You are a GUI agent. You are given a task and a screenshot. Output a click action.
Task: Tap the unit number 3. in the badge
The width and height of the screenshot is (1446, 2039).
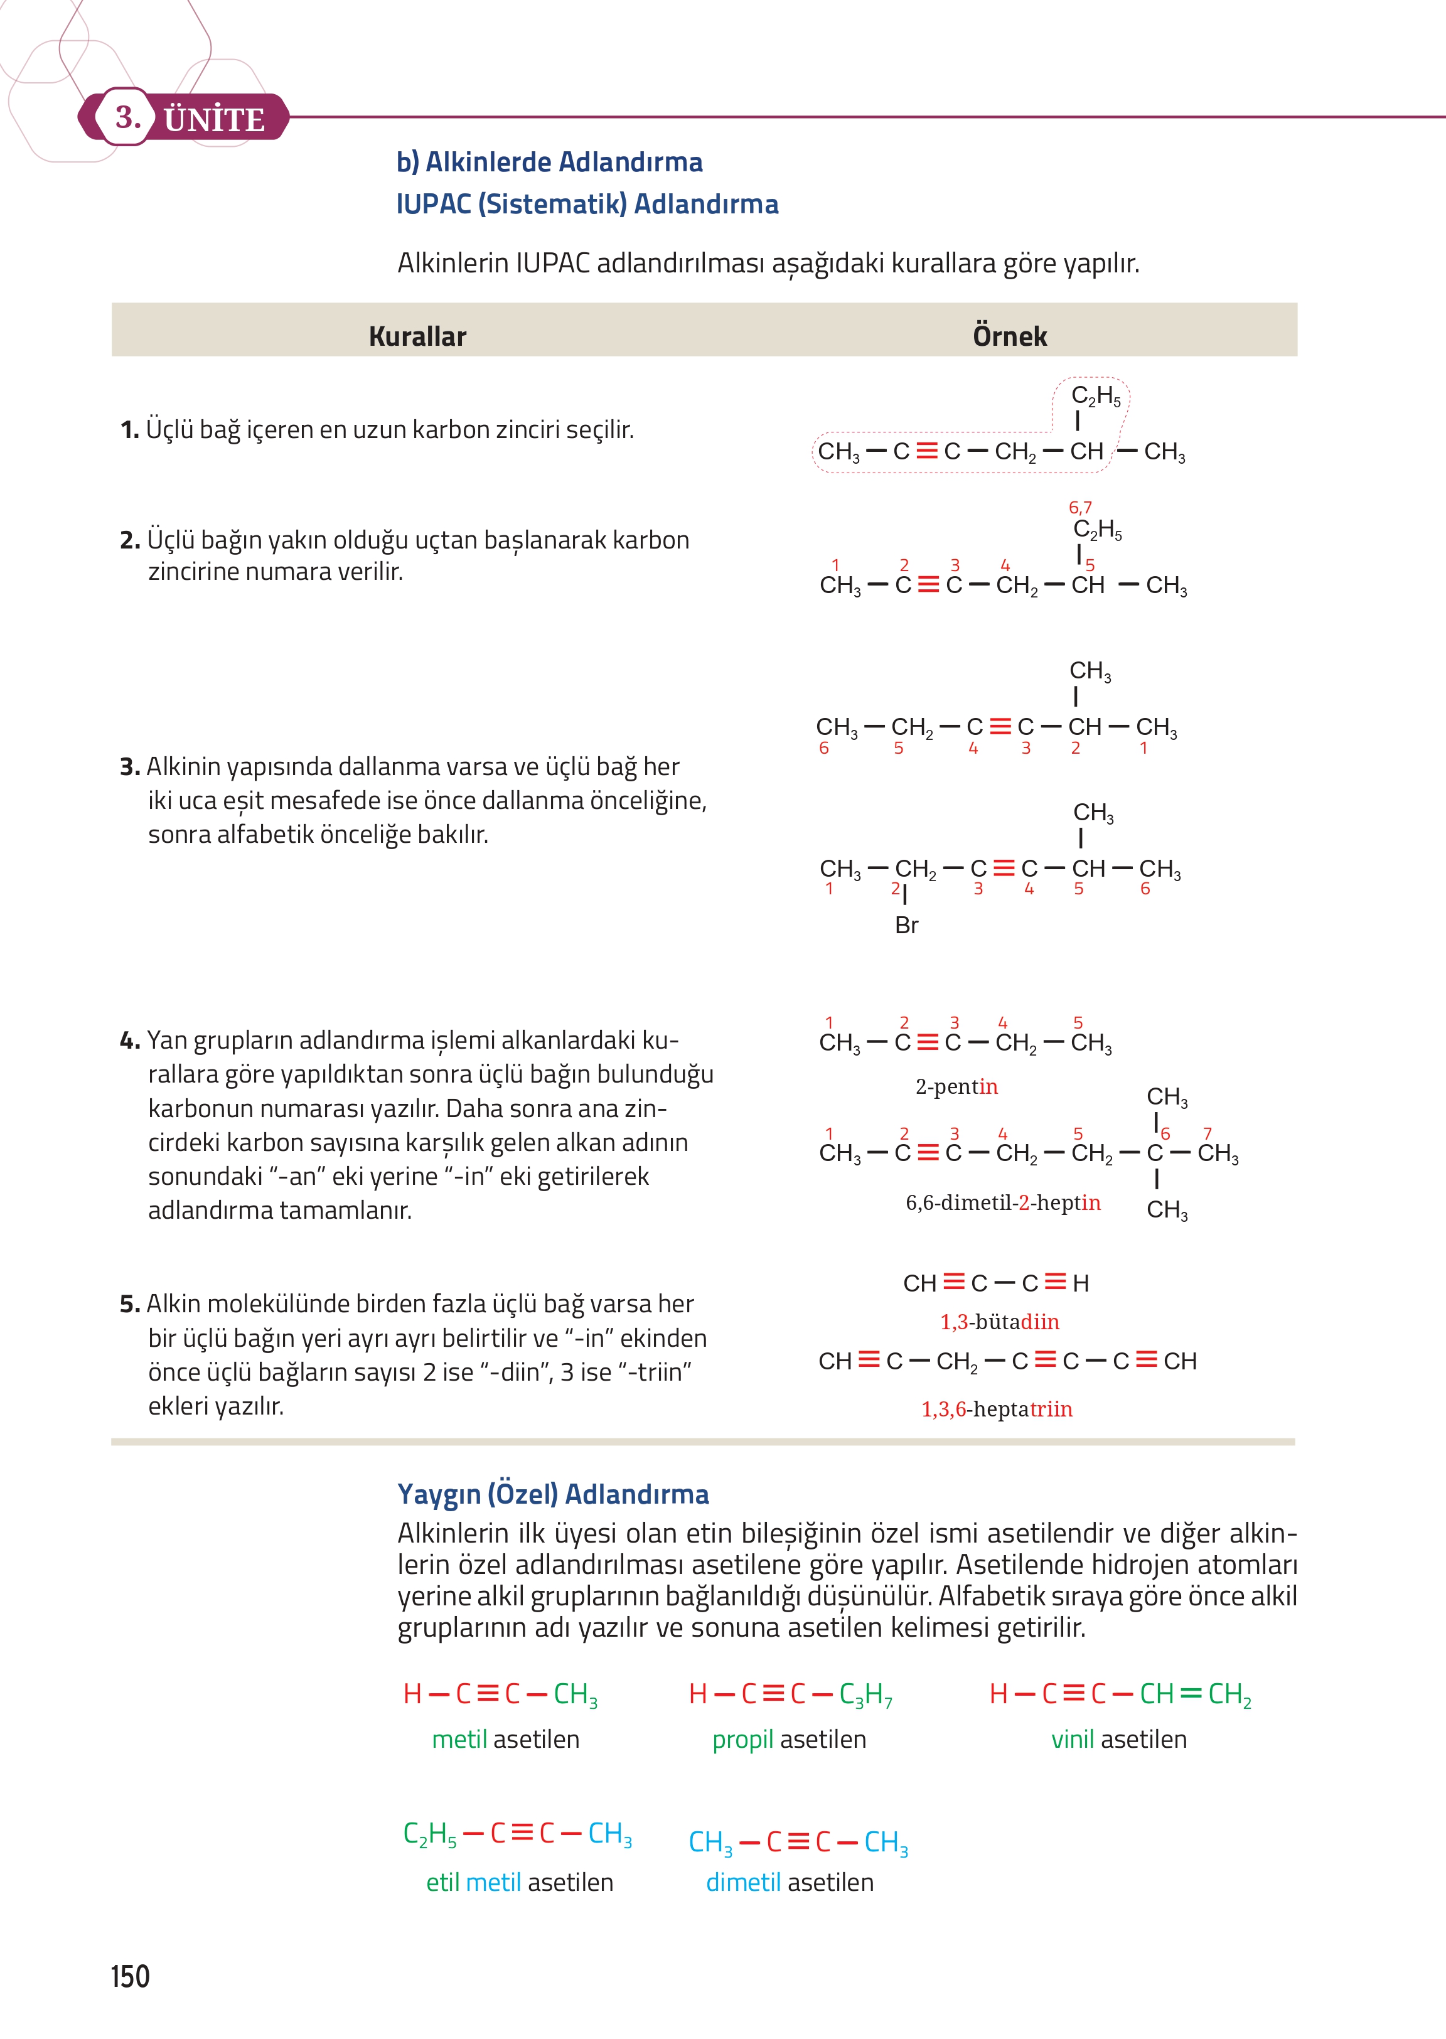[127, 117]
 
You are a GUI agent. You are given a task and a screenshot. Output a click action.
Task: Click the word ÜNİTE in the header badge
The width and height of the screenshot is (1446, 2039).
[215, 119]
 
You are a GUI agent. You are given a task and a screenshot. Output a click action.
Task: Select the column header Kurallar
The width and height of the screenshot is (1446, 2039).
[417, 336]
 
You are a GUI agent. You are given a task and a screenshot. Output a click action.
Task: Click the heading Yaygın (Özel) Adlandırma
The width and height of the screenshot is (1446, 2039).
[553, 1494]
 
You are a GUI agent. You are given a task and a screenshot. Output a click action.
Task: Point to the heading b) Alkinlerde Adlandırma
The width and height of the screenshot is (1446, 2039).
[549, 162]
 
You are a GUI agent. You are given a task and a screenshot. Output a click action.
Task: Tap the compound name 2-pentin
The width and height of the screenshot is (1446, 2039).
[956, 1087]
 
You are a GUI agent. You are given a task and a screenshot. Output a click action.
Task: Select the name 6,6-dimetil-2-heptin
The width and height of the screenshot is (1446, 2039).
[1002, 1203]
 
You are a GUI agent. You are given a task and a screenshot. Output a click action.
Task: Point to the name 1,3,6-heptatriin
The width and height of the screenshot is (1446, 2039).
[997, 1410]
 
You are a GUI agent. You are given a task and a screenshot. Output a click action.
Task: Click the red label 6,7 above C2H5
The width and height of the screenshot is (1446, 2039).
[1080, 508]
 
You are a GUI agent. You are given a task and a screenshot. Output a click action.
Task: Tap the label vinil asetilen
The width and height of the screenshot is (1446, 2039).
[1118, 1740]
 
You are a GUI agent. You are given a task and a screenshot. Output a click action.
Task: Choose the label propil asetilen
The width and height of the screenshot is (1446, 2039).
[789, 1740]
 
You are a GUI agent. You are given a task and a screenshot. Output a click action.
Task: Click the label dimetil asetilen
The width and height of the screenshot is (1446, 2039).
[790, 1883]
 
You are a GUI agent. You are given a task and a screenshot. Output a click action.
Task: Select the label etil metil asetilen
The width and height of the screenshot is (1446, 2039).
[519, 1883]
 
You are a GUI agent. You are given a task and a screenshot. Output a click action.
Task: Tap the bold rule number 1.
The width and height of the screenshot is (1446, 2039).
[129, 430]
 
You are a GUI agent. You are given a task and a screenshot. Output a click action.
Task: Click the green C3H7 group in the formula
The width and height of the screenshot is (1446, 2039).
[865, 1694]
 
